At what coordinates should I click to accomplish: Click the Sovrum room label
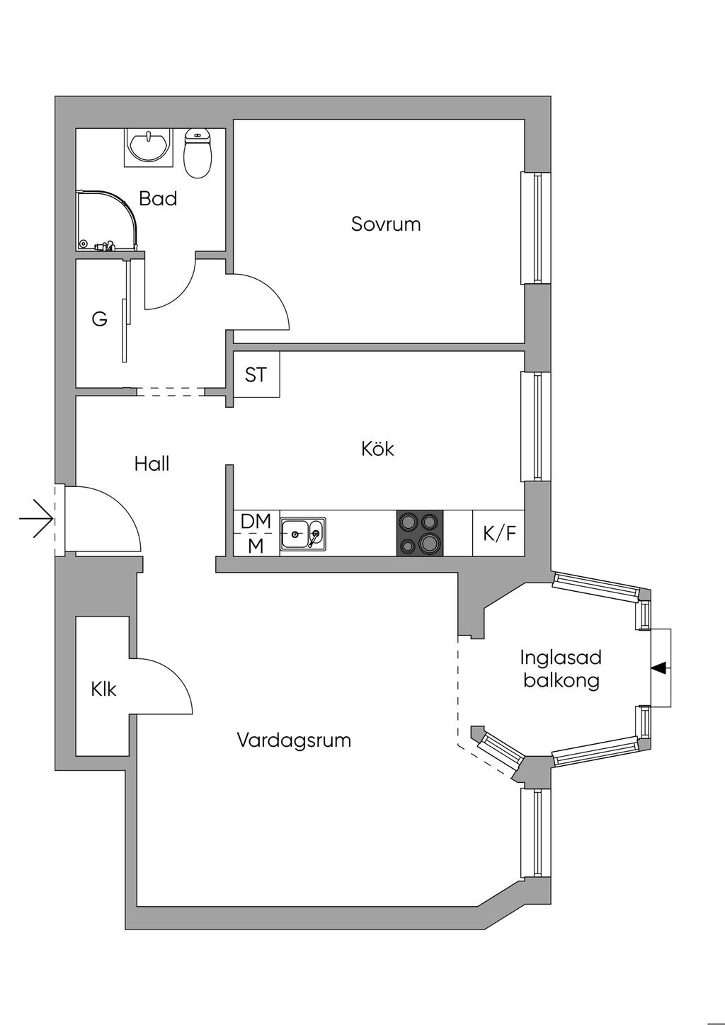[386, 224]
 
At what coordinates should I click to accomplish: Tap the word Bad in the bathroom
[158, 199]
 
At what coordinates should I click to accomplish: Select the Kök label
[377, 449]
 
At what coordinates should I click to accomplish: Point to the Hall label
[152, 464]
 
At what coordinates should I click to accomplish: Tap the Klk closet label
[104, 689]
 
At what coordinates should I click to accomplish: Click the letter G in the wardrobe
[99, 319]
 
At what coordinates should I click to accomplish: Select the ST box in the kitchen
[256, 374]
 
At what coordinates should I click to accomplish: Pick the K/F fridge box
[498, 533]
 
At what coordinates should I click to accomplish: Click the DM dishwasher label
[256, 521]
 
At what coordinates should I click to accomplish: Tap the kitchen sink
[303, 534]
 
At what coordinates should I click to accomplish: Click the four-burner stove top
[420, 533]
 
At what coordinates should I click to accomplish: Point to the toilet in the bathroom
[198, 153]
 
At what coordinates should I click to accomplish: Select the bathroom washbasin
[148, 147]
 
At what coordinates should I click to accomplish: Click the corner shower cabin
[107, 220]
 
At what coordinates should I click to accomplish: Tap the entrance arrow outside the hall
[36, 519]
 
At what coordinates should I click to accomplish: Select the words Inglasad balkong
[561, 669]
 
